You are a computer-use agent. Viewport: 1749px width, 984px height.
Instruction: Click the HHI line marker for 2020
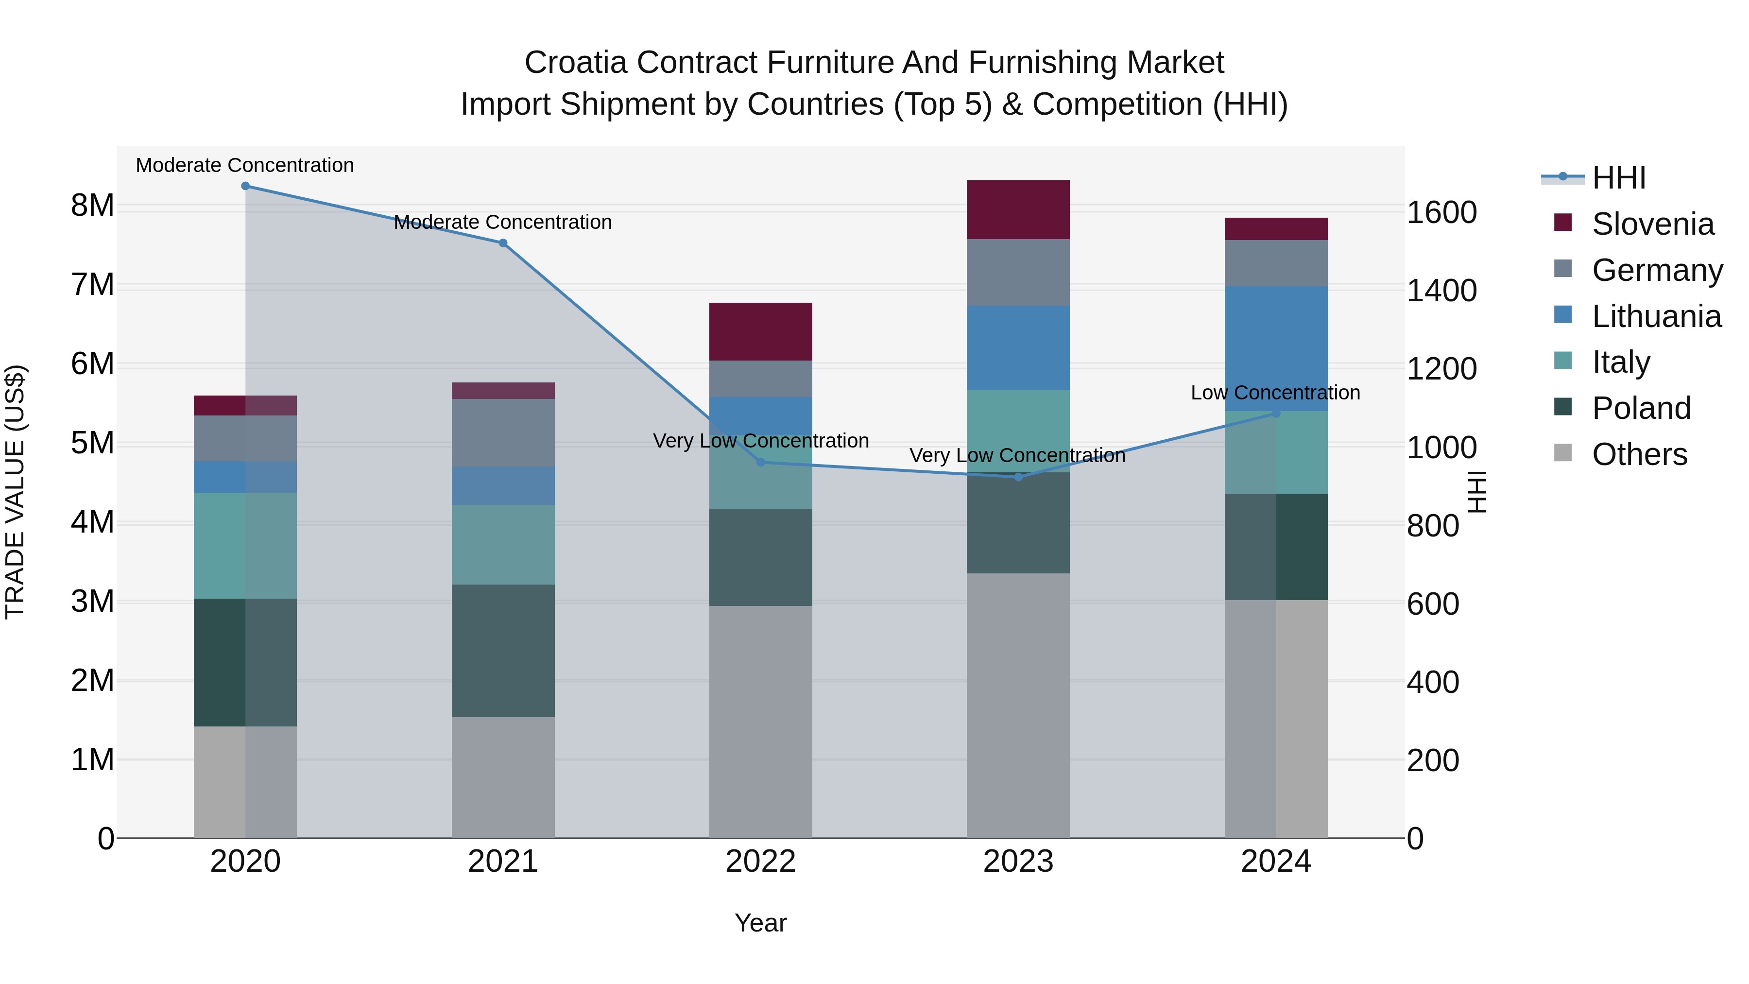tap(245, 186)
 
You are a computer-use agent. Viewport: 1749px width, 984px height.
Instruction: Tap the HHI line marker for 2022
tap(760, 463)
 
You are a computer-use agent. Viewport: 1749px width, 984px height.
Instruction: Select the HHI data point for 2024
tap(1276, 413)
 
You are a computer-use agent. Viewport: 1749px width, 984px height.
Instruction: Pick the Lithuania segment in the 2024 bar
tap(1276, 348)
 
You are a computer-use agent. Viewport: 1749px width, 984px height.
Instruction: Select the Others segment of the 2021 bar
tap(503, 777)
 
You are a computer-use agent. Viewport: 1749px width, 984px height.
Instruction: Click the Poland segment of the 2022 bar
tap(760, 557)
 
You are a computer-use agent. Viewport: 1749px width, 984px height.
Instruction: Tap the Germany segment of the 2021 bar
tap(503, 432)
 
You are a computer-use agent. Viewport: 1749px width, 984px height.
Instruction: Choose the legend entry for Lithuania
tap(1655, 316)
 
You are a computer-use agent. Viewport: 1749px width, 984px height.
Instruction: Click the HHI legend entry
tap(1618, 178)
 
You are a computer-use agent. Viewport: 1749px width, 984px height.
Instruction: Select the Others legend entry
tap(1638, 454)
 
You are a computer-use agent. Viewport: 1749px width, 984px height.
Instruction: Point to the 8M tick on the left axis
tap(92, 205)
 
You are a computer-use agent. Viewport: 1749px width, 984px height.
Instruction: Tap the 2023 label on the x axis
tap(1018, 862)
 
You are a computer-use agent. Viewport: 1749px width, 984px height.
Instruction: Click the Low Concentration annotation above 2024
tap(1275, 393)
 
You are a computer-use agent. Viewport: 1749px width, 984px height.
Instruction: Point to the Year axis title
tap(760, 923)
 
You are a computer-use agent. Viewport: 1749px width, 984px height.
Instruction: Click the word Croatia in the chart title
tap(575, 63)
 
